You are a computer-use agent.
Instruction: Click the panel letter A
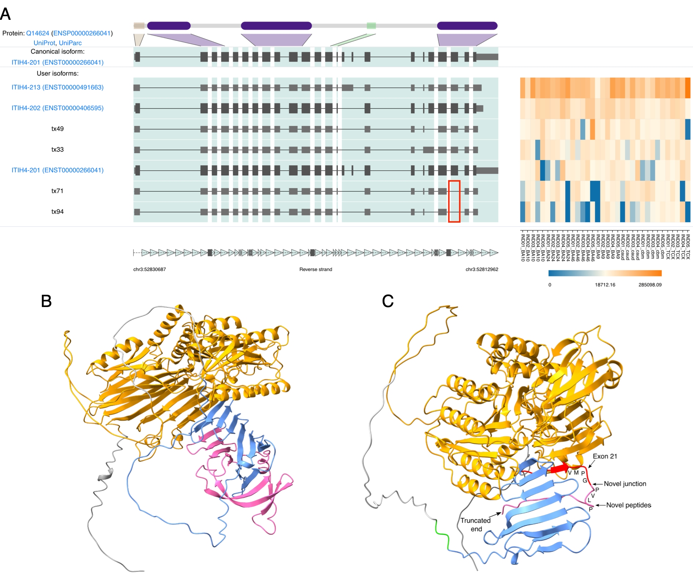click(x=6, y=14)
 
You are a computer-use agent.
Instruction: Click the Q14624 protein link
click(x=37, y=33)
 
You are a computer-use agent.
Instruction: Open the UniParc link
click(x=70, y=43)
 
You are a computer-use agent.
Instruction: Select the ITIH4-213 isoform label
click(x=58, y=87)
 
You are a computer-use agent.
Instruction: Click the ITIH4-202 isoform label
click(x=58, y=108)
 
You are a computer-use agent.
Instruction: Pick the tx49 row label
click(x=58, y=129)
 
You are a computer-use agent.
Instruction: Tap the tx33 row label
click(x=58, y=150)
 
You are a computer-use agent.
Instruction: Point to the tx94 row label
click(x=58, y=212)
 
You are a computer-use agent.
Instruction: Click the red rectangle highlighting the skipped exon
click(x=454, y=201)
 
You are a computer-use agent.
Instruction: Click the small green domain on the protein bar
click(x=371, y=26)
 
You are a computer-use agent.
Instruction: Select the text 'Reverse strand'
click(x=316, y=270)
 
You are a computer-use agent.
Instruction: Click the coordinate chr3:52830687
click(x=149, y=270)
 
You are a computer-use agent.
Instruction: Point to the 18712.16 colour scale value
click(x=605, y=285)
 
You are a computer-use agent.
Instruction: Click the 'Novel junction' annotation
click(x=625, y=484)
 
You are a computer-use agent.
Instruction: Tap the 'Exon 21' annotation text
click(x=605, y=456)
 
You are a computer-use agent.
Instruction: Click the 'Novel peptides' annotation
click(x=628, y=505)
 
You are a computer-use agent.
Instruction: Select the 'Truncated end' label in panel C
click(x=476, y=525)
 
